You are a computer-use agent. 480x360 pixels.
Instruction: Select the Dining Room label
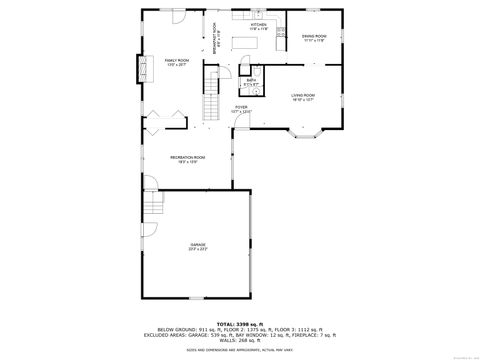click(314, 37)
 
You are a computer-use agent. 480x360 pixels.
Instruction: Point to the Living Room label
click(303, 97)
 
